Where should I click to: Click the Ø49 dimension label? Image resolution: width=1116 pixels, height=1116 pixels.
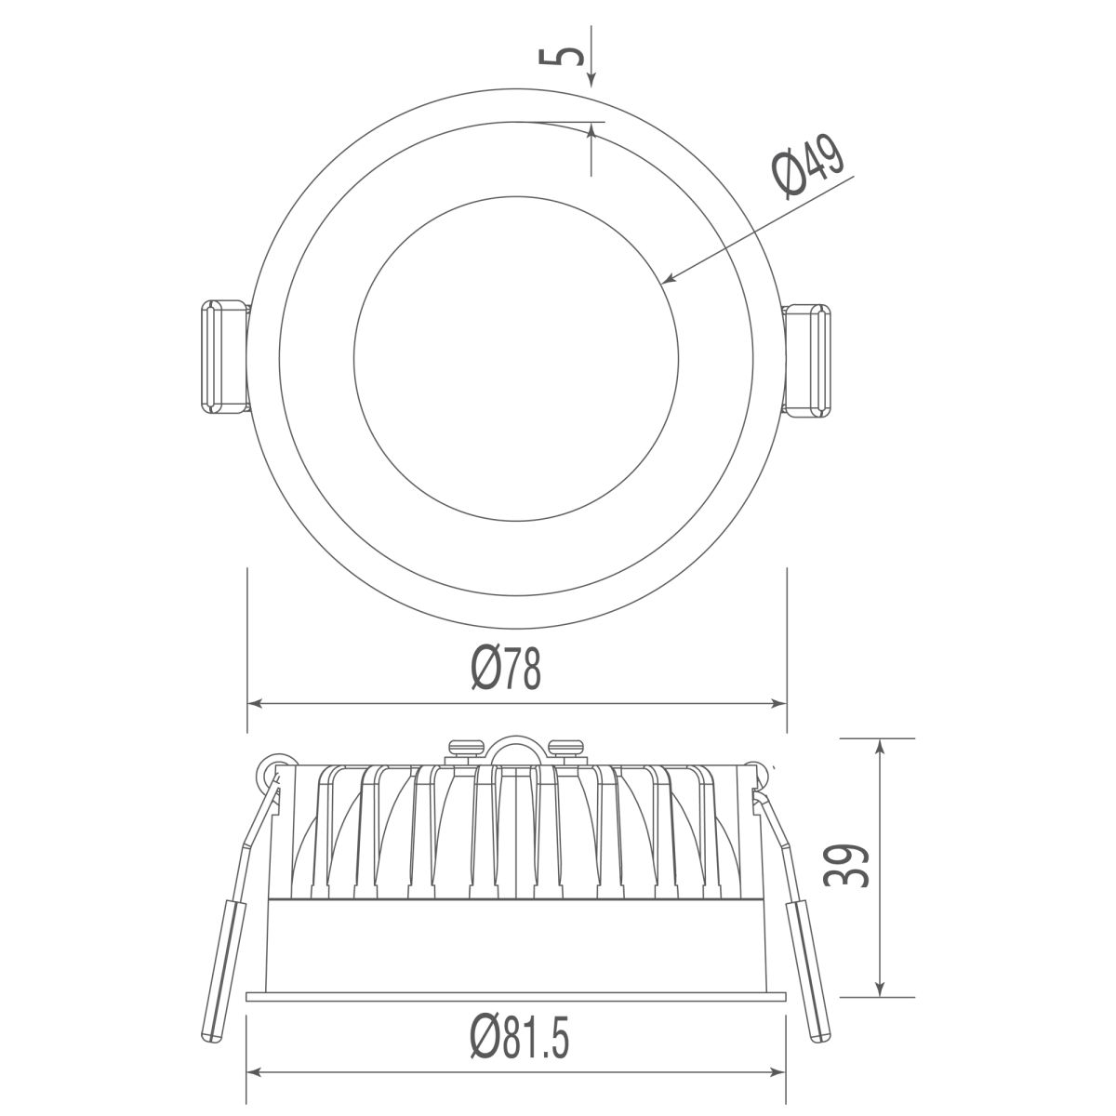(x=810, y=166)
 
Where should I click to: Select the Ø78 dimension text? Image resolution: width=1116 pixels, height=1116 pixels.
(x=506, y=669)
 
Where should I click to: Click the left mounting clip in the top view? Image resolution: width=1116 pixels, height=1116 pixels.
(x=224, y=357)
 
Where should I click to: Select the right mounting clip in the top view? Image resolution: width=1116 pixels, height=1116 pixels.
(x=805, y=360)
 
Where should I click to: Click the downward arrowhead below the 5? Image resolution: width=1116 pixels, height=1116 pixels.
(x=591, y=80)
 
